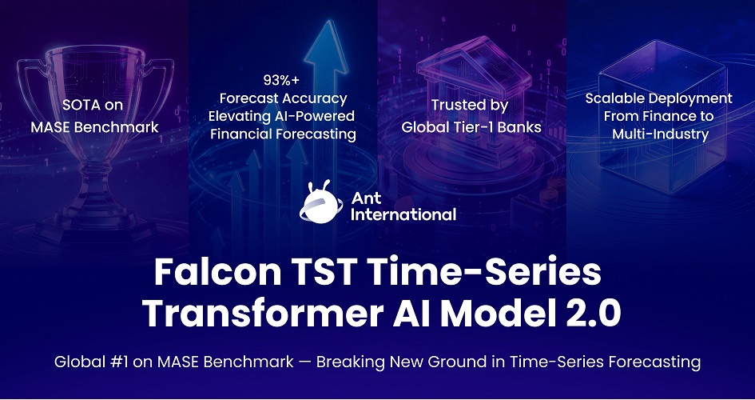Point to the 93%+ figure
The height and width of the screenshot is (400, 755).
[282, 80]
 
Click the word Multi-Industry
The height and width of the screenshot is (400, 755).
[660, 134]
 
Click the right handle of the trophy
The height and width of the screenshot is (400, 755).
[161, 86]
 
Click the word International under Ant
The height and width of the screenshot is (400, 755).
[403, 214]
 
